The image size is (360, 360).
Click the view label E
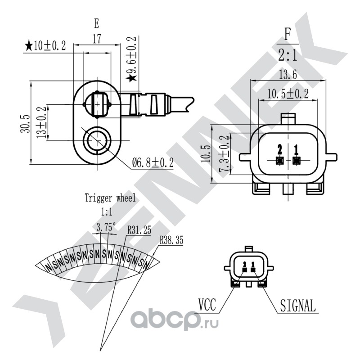coord(97,24)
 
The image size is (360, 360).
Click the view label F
coord(288,34)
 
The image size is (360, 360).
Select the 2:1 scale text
coord(288,55)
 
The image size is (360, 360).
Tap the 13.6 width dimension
coord(288,75)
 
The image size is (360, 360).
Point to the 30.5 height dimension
coord(25,123)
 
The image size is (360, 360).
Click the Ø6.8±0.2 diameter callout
coord(153,163)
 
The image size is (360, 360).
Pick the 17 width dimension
coord(97,39)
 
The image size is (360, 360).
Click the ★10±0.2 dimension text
coord(45,45)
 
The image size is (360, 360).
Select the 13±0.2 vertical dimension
coord(41,122)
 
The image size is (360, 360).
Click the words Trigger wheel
coord(110,198)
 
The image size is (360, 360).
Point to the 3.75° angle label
coord(106,228)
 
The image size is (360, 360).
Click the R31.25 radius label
coord(139,230)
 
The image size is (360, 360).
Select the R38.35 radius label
coord(171,240)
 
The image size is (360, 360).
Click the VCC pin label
coord(207,305)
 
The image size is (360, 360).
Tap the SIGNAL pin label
coord(298,306)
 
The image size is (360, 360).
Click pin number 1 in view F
coord(296,149)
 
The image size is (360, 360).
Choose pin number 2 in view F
coord(280,149)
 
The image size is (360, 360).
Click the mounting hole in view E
coord(97,140)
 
